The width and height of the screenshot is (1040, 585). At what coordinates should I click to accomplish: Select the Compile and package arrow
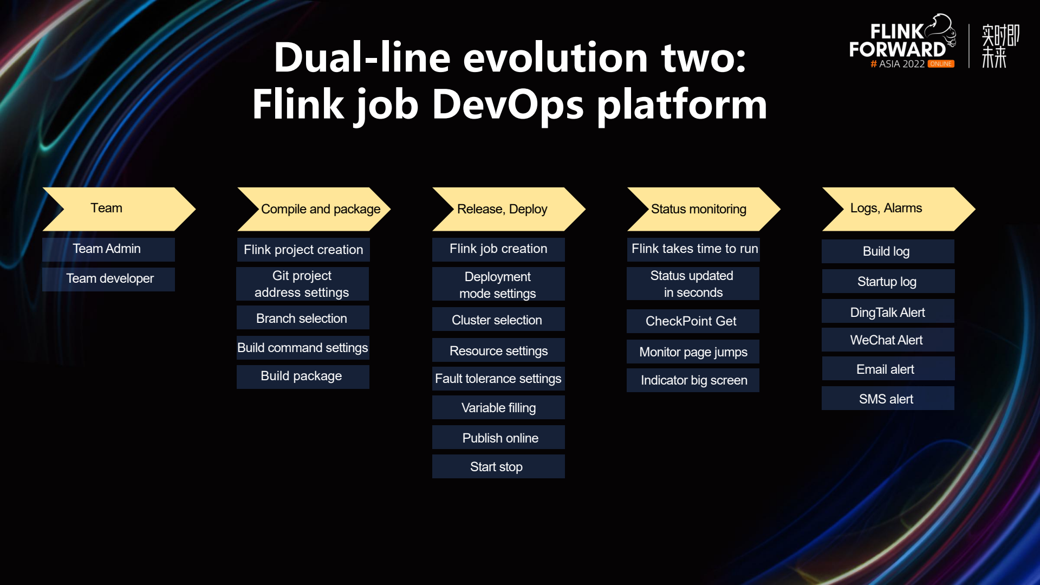click(314, 209)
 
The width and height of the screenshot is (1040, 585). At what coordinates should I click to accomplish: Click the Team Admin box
click(108, 249)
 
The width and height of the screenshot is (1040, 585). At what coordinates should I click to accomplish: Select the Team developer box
click(108, 279)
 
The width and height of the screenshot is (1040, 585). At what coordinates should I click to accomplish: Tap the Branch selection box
click(303, 318)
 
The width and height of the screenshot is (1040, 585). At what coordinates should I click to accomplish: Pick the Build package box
click(303, 376)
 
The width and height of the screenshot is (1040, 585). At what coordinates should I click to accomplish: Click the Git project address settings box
click(302, 284)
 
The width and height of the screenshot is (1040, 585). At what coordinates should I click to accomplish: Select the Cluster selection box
click(498, 320)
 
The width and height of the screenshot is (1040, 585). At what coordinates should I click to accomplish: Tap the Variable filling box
click(498, 407)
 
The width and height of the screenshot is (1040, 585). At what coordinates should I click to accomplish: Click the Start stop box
click(498, 466)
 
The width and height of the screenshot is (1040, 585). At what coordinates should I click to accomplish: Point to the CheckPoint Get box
click(693, 321)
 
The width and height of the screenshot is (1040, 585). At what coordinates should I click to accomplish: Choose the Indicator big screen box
click(693, 380)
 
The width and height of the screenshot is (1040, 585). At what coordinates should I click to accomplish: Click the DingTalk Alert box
click(888, 312)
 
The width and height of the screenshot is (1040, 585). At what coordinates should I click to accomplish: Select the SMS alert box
click(888, 399)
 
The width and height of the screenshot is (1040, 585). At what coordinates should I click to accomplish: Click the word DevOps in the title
click(508, 104)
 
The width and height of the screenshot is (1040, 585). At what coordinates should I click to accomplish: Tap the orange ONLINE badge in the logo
click(941, 64)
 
